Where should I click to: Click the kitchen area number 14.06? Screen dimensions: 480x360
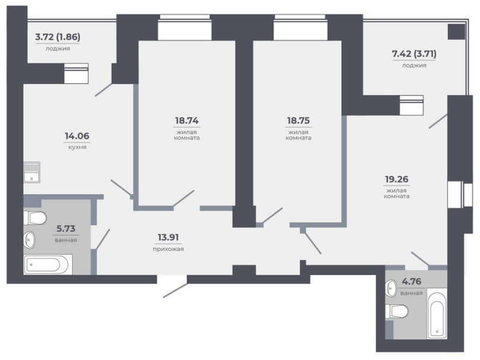[x=77, y=136]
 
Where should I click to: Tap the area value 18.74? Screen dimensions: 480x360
[x=187, y=120]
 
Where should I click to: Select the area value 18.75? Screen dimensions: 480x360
[x=298, y=120]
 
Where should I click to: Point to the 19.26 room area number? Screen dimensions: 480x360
[x=396, y=179]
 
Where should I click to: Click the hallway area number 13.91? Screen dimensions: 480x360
[x=168, y=237]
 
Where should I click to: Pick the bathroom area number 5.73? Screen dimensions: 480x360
[x=66, y=229]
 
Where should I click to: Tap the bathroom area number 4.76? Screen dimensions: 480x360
[x=411, y=281]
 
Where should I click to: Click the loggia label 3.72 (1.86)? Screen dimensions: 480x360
[x=58, y=37]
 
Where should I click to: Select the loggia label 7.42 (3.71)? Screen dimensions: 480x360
[x=414, y=54]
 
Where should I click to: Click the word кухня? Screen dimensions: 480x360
[x=77, y=147]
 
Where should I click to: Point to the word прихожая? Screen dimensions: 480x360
[x=168, y=249]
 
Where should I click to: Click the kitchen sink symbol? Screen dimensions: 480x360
[x=32, y=173]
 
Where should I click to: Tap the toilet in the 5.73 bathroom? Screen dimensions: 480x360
[x=35, y=218]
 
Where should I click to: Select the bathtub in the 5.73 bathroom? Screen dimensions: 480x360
[x=48, y=265]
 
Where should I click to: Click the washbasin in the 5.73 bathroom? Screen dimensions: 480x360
[x=30, y=240]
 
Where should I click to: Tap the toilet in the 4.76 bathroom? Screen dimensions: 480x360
[x=397, y=311]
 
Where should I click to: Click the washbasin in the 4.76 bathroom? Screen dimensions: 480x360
[x=391, y=289]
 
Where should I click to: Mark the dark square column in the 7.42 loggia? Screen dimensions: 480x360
[x=456, y=32]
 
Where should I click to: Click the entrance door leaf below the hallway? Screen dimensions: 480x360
[x=175, y=290]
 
